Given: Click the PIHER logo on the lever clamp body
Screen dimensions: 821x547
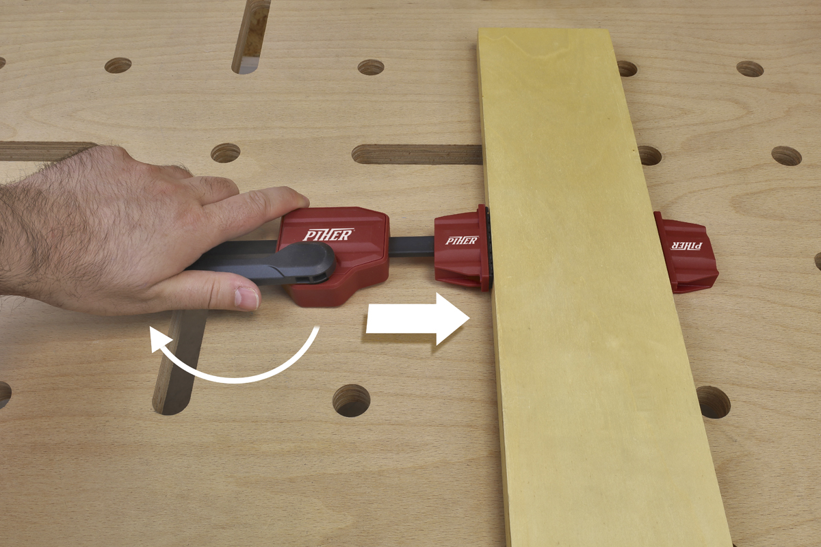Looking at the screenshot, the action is point(328,235).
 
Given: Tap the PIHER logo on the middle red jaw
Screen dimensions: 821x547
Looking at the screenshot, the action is point(462,241).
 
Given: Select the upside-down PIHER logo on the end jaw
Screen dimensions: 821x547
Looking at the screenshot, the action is point(686,246).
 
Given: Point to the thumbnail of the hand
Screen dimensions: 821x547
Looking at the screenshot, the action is point(248,297).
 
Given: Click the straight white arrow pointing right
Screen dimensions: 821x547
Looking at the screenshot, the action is point(418,319).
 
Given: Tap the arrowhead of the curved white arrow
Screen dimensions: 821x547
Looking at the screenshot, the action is point(160,339).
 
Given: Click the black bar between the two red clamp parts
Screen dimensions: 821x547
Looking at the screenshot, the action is point(411,247).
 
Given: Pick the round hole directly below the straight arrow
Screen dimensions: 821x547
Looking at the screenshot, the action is point(351,401).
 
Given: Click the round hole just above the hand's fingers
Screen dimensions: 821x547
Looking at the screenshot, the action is point(225,152).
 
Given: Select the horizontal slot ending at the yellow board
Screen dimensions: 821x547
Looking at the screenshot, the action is point(417,155).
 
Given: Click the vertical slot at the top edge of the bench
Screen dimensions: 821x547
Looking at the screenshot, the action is point(252,36).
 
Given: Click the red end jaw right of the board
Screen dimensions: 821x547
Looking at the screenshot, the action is point(686,252).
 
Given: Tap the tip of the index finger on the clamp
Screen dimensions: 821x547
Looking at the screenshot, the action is point(300,200).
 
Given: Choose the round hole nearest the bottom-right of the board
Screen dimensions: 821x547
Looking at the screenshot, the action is point(713,402).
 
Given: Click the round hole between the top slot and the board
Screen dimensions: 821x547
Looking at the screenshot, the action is point(371,67).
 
